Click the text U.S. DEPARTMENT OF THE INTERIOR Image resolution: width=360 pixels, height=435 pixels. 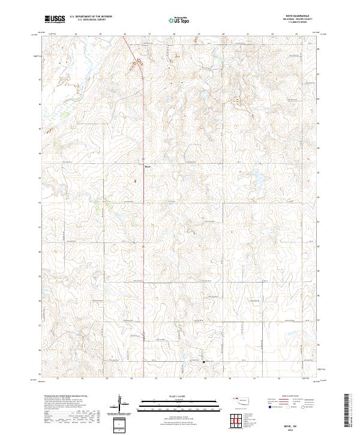click(x=91, y=17)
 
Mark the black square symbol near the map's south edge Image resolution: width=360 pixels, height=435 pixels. click(x=203, y=362)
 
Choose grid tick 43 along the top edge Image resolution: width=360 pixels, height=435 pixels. click(x=296, y=35)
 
